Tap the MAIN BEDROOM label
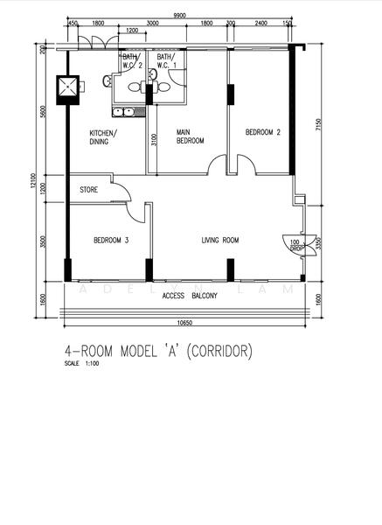point(190,136)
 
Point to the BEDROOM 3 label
point(111,240)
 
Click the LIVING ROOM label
point(220,240)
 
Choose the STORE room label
point(88,189)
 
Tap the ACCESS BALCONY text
point(190,296)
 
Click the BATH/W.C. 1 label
point(166,60)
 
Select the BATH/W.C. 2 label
point(131,60)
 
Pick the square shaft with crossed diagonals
point(67,87)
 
